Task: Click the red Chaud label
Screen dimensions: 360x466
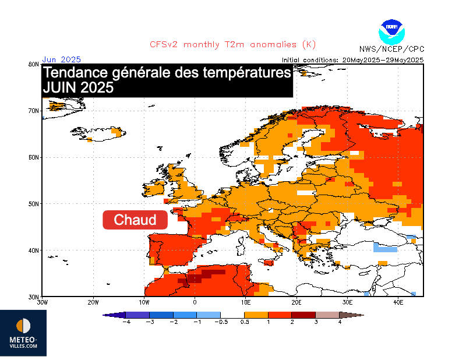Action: click(x=135, y=220)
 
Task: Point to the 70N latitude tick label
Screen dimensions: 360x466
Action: click(x=34, y=111)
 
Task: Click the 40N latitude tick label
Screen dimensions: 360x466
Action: click(x=34, y=250)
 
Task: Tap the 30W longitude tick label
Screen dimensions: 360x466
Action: click(x=42, y=302)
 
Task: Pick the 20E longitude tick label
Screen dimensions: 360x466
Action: click(x=296, y=302)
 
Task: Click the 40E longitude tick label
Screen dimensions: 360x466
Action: click(x=398, y=302)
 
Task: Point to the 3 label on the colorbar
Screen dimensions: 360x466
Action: click(x=316, y=322)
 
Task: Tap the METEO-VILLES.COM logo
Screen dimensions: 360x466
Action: click(x=24, y=334)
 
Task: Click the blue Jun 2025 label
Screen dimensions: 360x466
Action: click(x=61, y=59)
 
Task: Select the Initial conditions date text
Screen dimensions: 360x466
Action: click(x=352, y=60)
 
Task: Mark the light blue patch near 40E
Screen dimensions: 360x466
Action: click(x=384, y=247)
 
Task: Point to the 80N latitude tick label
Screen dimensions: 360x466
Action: click(x=34, y=64)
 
